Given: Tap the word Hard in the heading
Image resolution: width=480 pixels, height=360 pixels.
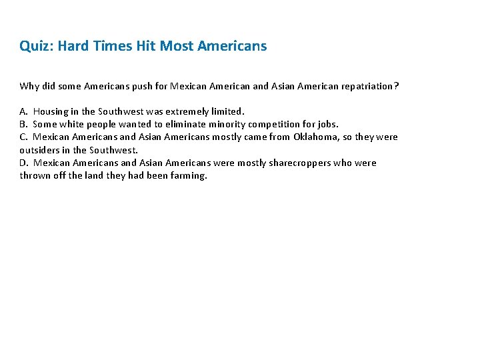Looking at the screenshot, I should [74, 46].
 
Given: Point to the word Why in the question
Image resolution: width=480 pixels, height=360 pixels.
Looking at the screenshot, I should [29, 86].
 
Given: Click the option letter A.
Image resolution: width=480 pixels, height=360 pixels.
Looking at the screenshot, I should [23, 111].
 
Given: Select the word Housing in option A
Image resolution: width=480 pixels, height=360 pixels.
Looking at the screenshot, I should [50, 111].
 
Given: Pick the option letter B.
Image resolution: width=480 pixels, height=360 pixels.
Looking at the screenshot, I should [23, 124].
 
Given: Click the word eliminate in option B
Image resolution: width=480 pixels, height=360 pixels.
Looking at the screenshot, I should [185, 124].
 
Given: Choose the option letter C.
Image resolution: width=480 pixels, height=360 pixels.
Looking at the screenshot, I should [23, 137].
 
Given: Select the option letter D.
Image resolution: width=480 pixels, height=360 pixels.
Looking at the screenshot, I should [23, 163].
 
